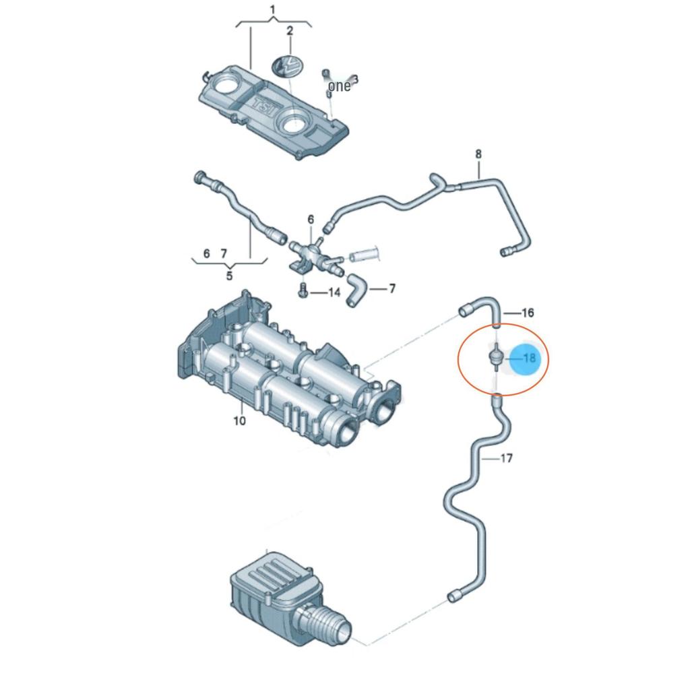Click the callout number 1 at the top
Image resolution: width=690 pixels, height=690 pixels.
coord(272,9)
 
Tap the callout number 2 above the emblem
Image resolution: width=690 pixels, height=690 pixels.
coord(290,31)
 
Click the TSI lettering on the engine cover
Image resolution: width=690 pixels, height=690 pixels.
coord(264,107)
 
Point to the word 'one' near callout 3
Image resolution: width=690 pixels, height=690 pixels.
coord(340,86)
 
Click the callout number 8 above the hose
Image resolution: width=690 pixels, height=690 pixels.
coord(478,154)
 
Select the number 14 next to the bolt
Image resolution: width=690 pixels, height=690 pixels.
coord(334,292)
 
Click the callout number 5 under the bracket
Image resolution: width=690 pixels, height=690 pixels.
coord(229,276)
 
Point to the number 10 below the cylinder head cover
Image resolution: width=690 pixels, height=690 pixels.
coord(239,421)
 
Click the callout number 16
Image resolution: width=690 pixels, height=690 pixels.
coord(528,313)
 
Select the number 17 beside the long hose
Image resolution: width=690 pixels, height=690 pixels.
coord(507,458)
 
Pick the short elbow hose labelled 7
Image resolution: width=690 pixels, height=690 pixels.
coord(356,290)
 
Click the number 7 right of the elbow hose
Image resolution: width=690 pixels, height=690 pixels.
coord(392,288)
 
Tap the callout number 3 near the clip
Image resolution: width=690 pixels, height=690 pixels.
coord(355,80)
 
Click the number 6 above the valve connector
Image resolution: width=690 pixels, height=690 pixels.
coord(311,219)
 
